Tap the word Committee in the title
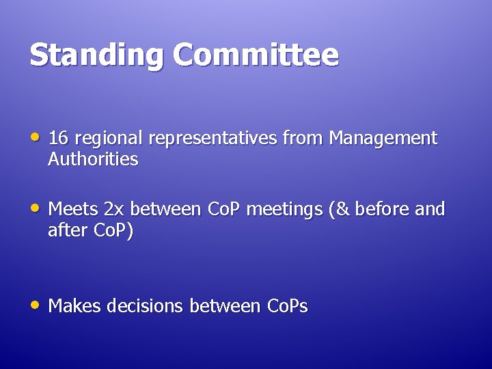256,55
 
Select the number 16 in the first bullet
58,138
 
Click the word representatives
211,139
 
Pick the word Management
383,139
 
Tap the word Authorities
93,160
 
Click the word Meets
72,209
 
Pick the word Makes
73,306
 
